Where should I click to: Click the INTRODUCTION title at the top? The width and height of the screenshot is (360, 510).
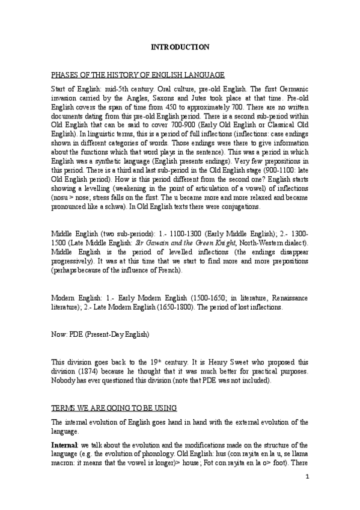coord(180,47)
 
